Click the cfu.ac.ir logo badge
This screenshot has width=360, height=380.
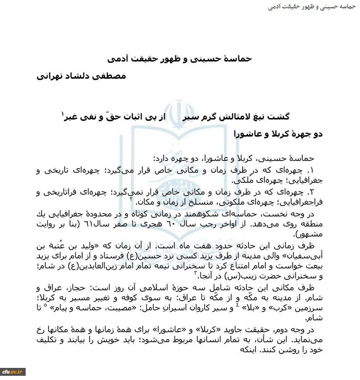[13, 372]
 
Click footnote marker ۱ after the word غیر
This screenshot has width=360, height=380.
[63, 113]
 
